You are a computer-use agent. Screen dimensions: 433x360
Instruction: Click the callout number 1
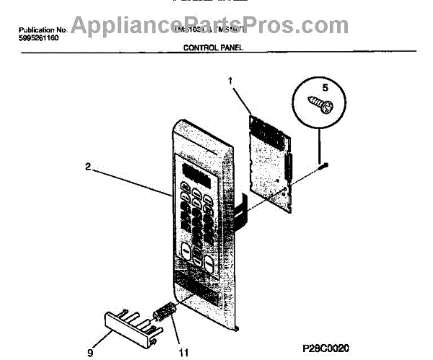232,82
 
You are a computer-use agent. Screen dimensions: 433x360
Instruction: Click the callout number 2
87,166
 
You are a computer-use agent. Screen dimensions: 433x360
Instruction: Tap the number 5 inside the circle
325,87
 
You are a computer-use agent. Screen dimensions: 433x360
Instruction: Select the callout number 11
183,353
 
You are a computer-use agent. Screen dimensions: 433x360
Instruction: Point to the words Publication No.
41,30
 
